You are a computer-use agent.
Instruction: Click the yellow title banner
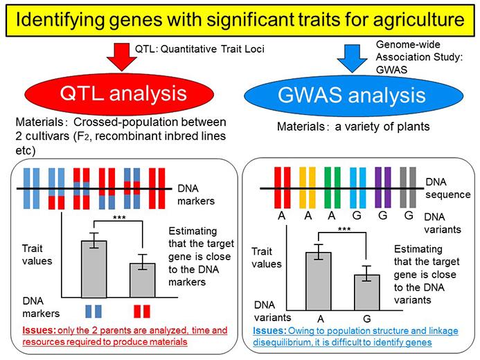click(x=240, y=17)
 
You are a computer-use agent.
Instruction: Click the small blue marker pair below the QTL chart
click(x=94, y=309)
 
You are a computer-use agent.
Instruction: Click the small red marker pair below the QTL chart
click(x=141, y=309)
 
